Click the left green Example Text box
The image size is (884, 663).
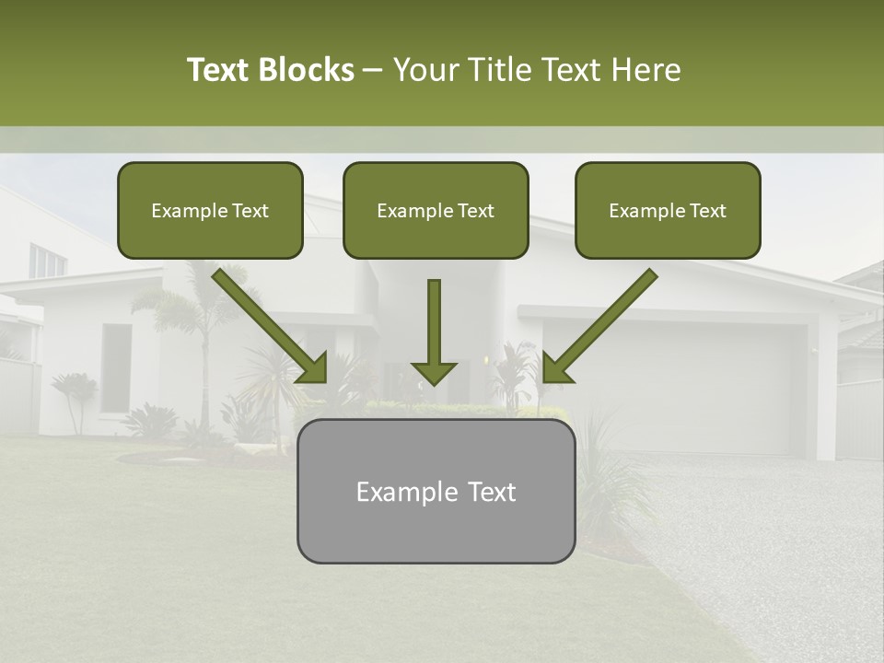tap(210, 210)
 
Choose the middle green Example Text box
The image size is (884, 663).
tap(436, 210)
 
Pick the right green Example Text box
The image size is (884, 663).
tap(668, 210)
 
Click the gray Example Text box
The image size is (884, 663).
tap(436, 491)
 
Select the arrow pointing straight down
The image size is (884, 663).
tap(434, 331)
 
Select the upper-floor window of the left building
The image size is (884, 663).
tap(46, 261)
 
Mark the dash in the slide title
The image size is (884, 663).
tap(373, 70)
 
